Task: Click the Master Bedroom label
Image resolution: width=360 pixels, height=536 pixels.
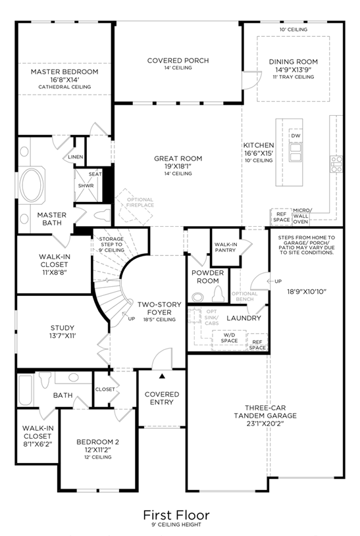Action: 64,72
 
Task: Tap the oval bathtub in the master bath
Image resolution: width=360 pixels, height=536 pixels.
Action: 32,185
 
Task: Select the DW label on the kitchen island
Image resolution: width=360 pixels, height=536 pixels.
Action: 296,135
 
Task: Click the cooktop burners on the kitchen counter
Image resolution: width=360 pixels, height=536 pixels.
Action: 336,164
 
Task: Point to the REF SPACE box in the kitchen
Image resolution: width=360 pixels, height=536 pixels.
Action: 281,217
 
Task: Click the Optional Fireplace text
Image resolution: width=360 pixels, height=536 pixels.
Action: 140,203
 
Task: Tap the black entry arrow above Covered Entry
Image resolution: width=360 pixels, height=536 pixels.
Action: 162,376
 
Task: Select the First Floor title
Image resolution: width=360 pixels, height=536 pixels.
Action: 176,515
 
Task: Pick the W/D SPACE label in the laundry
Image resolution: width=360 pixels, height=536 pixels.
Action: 229,338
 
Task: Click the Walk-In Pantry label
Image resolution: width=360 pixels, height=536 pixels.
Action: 226,247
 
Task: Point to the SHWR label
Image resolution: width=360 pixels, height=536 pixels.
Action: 86,185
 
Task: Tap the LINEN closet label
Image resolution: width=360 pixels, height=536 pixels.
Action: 75,157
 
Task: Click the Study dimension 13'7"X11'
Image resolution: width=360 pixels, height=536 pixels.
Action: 63,336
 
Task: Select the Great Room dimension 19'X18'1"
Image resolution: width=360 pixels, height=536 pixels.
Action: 178,166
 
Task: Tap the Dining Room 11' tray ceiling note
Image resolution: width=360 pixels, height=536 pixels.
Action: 294,77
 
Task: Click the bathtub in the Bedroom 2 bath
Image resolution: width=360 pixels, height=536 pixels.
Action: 25,390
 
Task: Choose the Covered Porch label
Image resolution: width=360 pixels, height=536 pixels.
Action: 178,61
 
